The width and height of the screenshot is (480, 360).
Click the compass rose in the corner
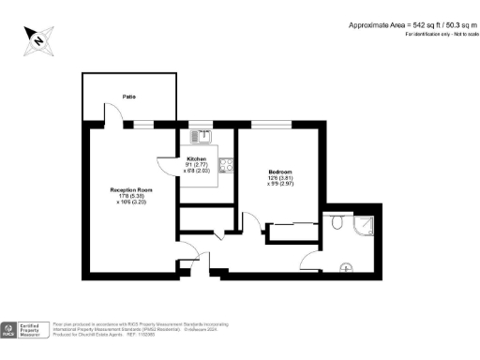click(x=37, y=39)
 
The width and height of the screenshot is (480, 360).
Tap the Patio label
click(x=128, y=96)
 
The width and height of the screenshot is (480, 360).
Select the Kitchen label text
click(x=197, y=159)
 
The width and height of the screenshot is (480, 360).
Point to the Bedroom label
click(x=279, y=172)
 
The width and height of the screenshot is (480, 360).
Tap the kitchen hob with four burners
click(x=226, y=167)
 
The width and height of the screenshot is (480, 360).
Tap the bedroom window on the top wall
click(x=272, y=124)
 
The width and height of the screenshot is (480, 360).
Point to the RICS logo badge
click(x=9, y=329)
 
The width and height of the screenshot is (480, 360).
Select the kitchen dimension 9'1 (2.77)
click(x=197, y=166)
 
